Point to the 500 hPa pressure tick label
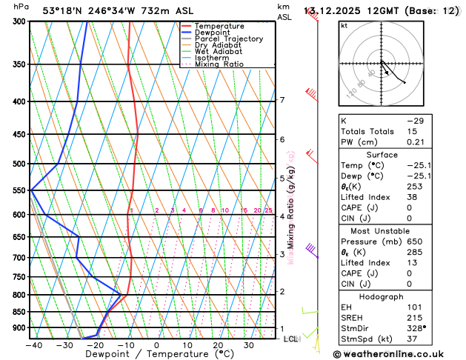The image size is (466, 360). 20,164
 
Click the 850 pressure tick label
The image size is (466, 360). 20,312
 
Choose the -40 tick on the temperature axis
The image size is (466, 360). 33,345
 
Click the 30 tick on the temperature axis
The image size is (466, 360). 249,345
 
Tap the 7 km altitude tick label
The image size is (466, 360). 282,100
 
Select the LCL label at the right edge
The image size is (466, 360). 290,339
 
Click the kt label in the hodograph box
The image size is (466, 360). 344,25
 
